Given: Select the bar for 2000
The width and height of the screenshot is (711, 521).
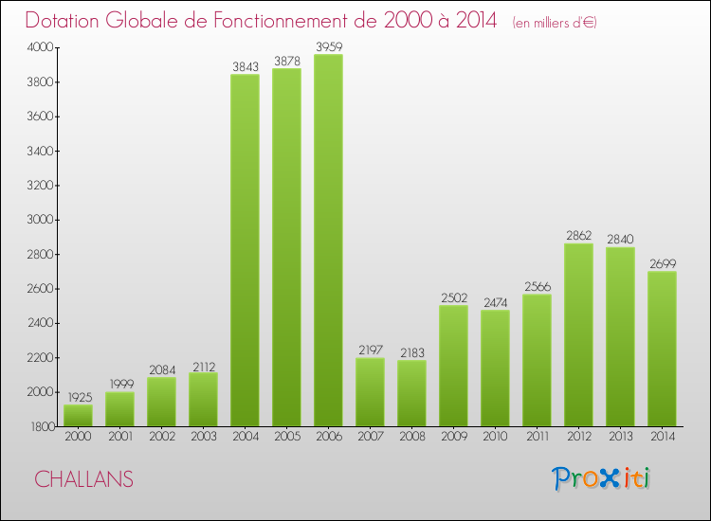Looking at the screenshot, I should (78, 415).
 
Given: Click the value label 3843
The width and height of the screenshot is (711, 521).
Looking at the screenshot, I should (245, 65).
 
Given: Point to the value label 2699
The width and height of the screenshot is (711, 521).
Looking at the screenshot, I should (662, 262).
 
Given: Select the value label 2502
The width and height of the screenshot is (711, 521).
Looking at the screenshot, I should (453, 296).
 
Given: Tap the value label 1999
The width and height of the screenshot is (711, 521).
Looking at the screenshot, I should (119, 383).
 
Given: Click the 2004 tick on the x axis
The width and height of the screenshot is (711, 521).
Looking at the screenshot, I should (245, 437).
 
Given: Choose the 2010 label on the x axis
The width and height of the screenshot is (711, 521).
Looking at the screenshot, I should (495, 437).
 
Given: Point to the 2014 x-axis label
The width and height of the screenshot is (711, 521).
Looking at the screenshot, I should (662, 437).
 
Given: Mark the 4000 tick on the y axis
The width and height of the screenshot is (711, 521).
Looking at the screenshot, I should (42, 47).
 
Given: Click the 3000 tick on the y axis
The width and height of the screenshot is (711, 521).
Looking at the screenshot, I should (42, 220).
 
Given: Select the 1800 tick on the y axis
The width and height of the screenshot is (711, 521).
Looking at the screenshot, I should (42, 426).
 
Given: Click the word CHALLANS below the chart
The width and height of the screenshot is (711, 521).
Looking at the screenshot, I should (83, 479).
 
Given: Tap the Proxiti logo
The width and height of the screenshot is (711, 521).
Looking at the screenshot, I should (602, 478).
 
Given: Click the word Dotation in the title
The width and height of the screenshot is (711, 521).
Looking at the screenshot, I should (68, 21).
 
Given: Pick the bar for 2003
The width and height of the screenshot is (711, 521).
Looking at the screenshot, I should (203, 399).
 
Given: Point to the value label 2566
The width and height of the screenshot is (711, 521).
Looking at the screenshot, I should (537, 285).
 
